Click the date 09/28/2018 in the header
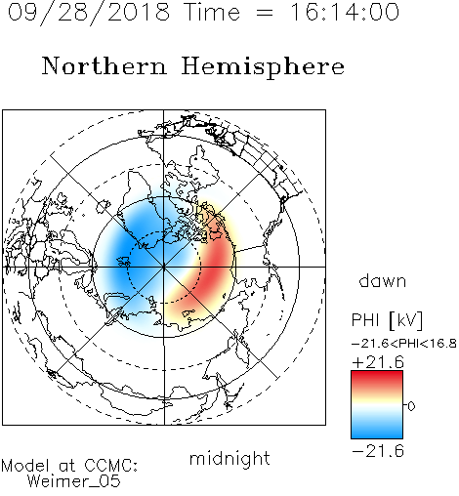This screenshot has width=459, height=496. click(x=89, y=13)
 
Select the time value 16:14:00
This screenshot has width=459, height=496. click(x=345, y=12)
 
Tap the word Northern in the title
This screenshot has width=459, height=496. click(x=104, y=65)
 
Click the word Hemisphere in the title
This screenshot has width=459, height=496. click(x=263, y=67)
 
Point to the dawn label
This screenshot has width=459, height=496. click(x=383, y=280)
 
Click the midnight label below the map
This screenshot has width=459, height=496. click(x=229, y=458)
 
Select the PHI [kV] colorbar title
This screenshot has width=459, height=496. click(x=387, y=320)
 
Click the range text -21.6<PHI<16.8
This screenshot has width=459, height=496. click(x=404, y=344)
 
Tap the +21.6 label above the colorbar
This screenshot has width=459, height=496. click(x=378, y=362)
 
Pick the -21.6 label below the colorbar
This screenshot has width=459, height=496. click(x=378, y=451)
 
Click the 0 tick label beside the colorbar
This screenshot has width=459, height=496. click(x=411, y=406)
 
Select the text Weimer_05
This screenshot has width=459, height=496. click(x=74, y=480)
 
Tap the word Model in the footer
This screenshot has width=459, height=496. click(x=25, y=466)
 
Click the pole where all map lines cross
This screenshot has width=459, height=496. click(x=164, y=267)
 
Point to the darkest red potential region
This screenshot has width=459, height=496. click(x=215, y=266)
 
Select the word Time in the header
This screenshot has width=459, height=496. click(x=212, y=12)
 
